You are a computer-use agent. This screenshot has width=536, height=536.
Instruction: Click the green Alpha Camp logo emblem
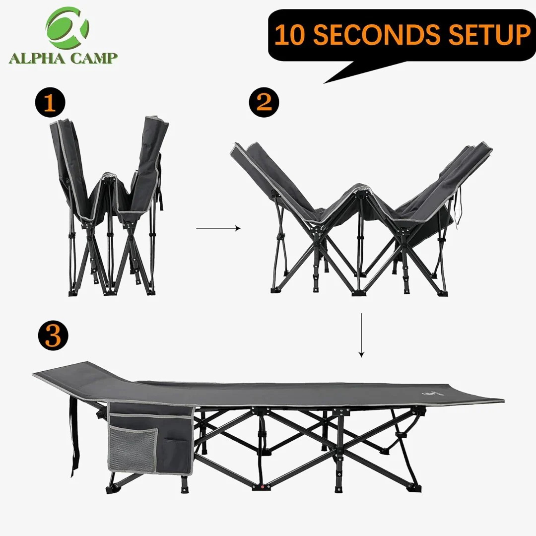(x=67, y=27)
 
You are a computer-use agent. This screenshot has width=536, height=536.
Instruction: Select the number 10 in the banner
(x=289, y=35)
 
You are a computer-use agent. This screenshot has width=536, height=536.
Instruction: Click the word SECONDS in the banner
(x=376, y=35)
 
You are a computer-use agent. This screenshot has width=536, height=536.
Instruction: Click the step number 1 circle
(x=50, y=103)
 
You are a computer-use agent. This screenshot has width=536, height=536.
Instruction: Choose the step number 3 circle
(x=53, y=336)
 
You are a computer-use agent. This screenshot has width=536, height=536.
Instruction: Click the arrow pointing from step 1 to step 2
(x=218, y=228)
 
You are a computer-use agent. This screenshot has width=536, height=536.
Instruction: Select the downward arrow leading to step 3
(x=361, y=335)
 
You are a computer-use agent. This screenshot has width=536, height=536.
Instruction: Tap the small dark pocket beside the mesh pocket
(x=176, y=455)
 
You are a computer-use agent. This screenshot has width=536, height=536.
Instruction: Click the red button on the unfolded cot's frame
(x=263, y=487)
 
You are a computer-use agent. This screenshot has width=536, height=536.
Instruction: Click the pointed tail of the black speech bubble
(x=324, y=83)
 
